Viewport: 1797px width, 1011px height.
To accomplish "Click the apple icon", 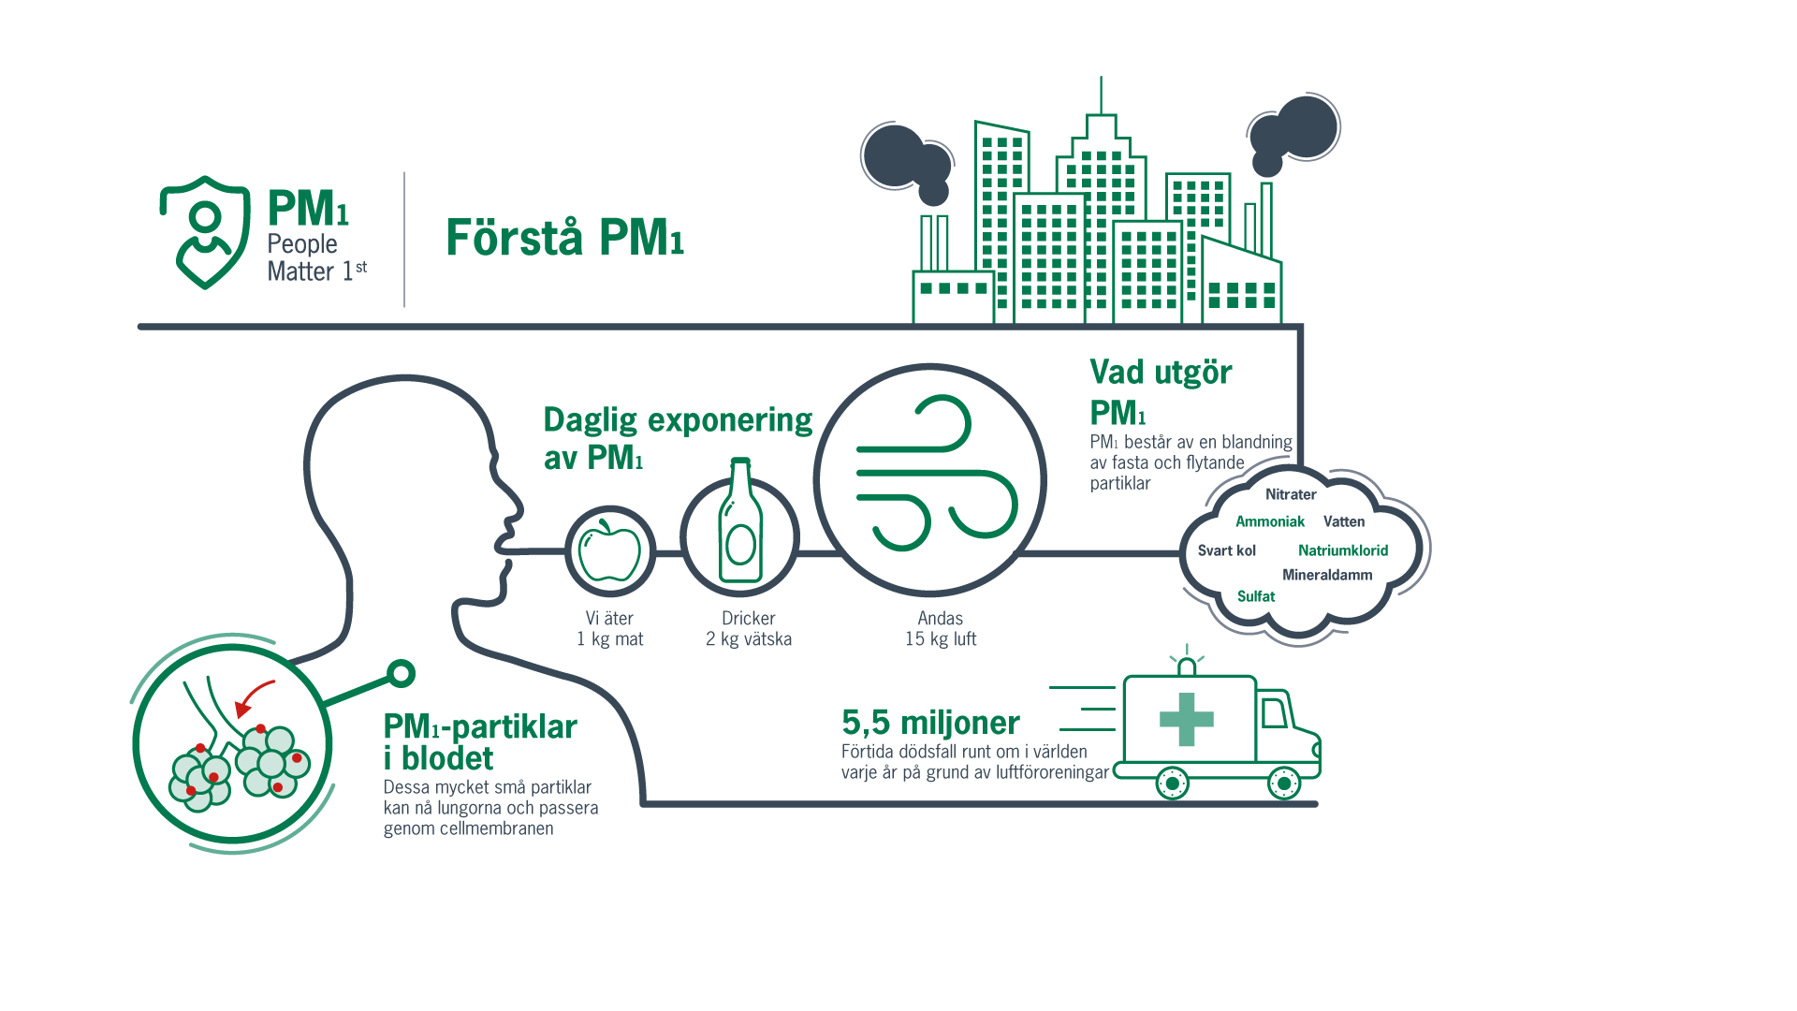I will coord(609,550).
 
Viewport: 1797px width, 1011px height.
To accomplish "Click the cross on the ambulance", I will coord(1186,720).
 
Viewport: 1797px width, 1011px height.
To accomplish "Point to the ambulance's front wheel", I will coord(1283,783).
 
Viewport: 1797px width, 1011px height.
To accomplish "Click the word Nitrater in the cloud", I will coord(1290,494).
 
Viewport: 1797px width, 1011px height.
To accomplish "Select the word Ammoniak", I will coord(1269,521).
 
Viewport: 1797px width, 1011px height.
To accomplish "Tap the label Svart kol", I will coord(1226,550).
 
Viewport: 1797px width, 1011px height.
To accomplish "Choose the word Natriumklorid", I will coord(1342,550).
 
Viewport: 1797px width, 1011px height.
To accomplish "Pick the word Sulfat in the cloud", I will coord(1255,596).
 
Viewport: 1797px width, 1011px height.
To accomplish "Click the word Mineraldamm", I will coord(1326,575).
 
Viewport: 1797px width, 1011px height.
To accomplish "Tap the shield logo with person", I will coord(205,232).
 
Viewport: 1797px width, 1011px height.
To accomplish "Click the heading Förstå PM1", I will coord(564,238).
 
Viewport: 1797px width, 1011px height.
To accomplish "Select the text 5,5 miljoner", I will coord(929,723).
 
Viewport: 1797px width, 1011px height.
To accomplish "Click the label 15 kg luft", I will coord(940,639).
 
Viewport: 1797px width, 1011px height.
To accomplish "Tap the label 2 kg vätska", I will coord(748,639).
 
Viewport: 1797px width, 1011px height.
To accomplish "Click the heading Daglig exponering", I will coord(677,420).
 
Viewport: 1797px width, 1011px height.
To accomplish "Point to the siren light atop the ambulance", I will coord(1187,665).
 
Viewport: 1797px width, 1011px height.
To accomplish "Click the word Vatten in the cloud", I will coord(1343,521).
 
